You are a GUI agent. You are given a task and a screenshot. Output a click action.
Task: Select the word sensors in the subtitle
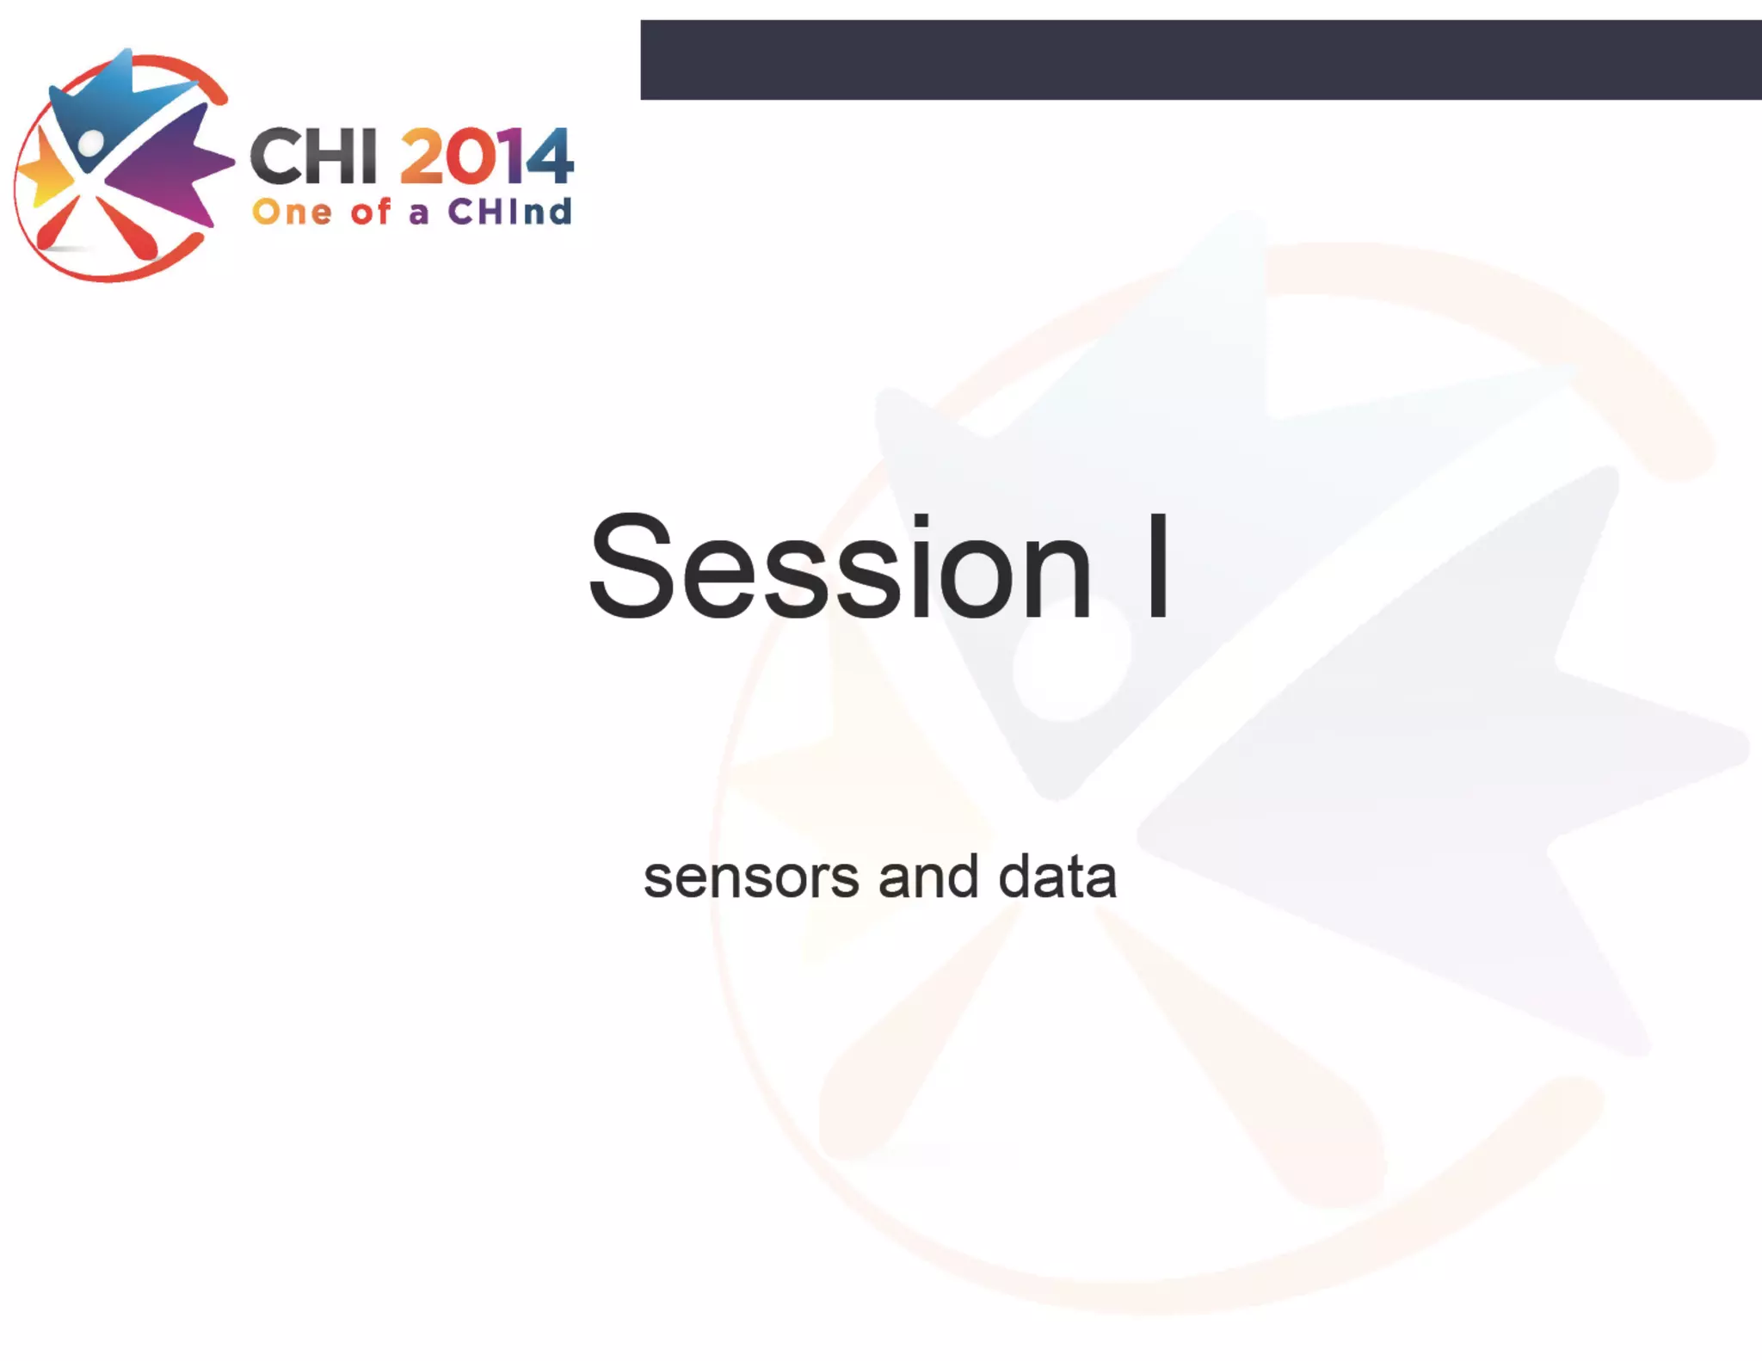click(x=751, y=878)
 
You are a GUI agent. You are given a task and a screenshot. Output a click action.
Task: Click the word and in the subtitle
click(x=928, y=878)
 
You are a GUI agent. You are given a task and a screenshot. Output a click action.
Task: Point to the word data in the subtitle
click(x=1057, y=878)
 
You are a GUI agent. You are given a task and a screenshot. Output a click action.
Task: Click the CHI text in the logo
click(x=313, y=157)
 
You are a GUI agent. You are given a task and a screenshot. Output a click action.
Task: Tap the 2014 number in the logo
click(x=486, y=157)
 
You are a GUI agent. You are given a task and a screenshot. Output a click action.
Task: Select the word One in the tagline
click(x=292, y=212)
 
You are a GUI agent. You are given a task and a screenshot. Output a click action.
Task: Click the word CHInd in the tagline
click(x=509, y=212)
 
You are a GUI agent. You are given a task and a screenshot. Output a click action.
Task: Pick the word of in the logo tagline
click(x=370, y=212)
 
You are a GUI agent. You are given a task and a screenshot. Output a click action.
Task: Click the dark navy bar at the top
click(x=1200, y=59)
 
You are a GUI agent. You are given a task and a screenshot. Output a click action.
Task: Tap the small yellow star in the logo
click(x=43, y=172)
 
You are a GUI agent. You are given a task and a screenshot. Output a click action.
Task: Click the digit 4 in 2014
click(x=550, y=157)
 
